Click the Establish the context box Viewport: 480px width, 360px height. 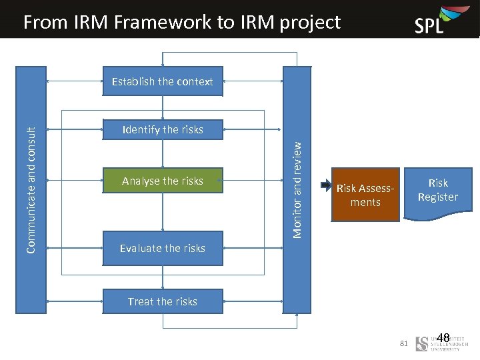pyautogui.click(x=163, y=81)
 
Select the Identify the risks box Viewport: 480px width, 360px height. pyautogui.click(x=163, y=129)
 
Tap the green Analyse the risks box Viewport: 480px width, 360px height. pyautogui.click(x=163, y=181)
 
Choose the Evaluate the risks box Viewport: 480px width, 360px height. pyautogui.click(x=163, y=248)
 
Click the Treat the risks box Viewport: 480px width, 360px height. pyautogui.click(x=163, y=301)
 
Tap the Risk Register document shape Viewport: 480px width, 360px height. pyautogui.click(x=438, y=191)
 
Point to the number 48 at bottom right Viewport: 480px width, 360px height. pyautogui.click(x=443, y=338)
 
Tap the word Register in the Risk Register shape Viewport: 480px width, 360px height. pyautogui.click(x=438, y=197)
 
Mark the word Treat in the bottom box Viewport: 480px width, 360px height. pyautogui.click(x=141, y=301)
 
